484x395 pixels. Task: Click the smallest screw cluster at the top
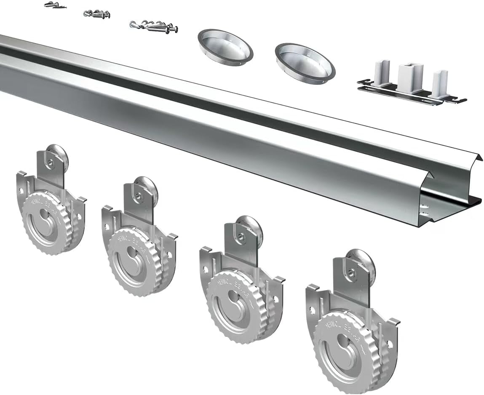coord(51,5)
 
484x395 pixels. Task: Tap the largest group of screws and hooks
coord(154,26)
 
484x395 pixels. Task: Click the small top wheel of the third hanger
coord(251,227)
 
